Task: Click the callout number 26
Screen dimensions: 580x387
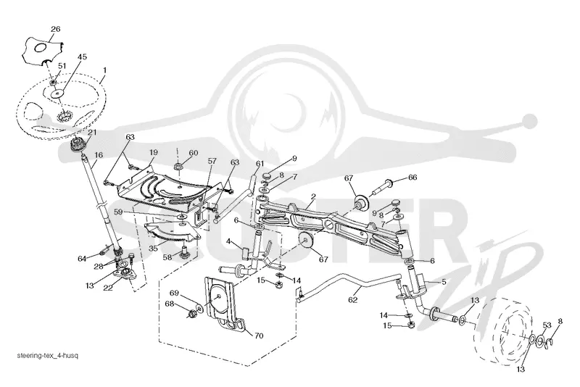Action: click(56, 29)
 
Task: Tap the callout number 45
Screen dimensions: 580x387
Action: click(82, 57)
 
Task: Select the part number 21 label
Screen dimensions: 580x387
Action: click(92, 132)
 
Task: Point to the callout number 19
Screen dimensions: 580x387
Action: click(154, 152)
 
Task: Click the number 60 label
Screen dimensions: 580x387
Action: click(194, 153)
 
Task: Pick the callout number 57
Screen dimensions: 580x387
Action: click(212, 161)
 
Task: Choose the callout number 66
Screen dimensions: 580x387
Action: click(412, 178)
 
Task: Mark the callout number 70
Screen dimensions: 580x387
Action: click(259, 336)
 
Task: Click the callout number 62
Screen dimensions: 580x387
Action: click(353, 300)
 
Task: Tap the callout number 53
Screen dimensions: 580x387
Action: click(547, 325)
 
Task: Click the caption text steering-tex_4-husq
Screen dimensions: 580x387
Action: click(48, 356)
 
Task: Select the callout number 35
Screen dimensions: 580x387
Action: click(153, 248)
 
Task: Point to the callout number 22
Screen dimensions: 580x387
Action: click(107, 288)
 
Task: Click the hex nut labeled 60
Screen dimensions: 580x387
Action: click(178, 166)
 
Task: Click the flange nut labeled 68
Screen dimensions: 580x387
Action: click(191, 315)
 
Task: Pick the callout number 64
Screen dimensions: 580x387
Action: click(82, 258)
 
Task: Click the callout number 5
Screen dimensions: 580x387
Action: click(444, 282)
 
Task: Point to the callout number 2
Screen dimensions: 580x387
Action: click(313, 196)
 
